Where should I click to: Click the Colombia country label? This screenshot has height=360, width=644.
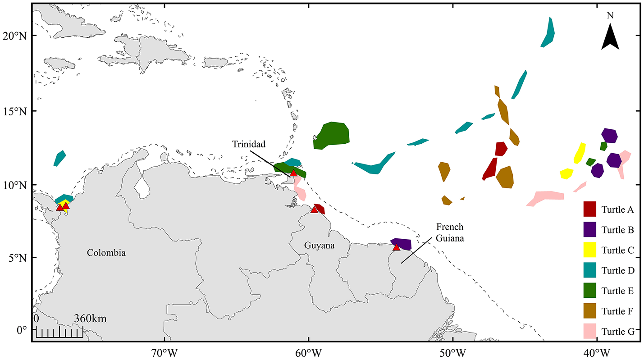click(106, 253)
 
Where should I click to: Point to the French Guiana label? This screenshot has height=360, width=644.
click(450, 232)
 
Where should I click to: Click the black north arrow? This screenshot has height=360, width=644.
click(610, 36)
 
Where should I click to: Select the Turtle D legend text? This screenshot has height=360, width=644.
click(618, 270)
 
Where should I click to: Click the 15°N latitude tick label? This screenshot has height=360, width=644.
click(16, 111)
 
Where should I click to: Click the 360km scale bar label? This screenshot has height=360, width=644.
click(90, 319)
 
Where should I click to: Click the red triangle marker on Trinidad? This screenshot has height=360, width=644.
click(293, 173)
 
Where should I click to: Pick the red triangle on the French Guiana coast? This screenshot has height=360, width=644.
click(396, 247)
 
